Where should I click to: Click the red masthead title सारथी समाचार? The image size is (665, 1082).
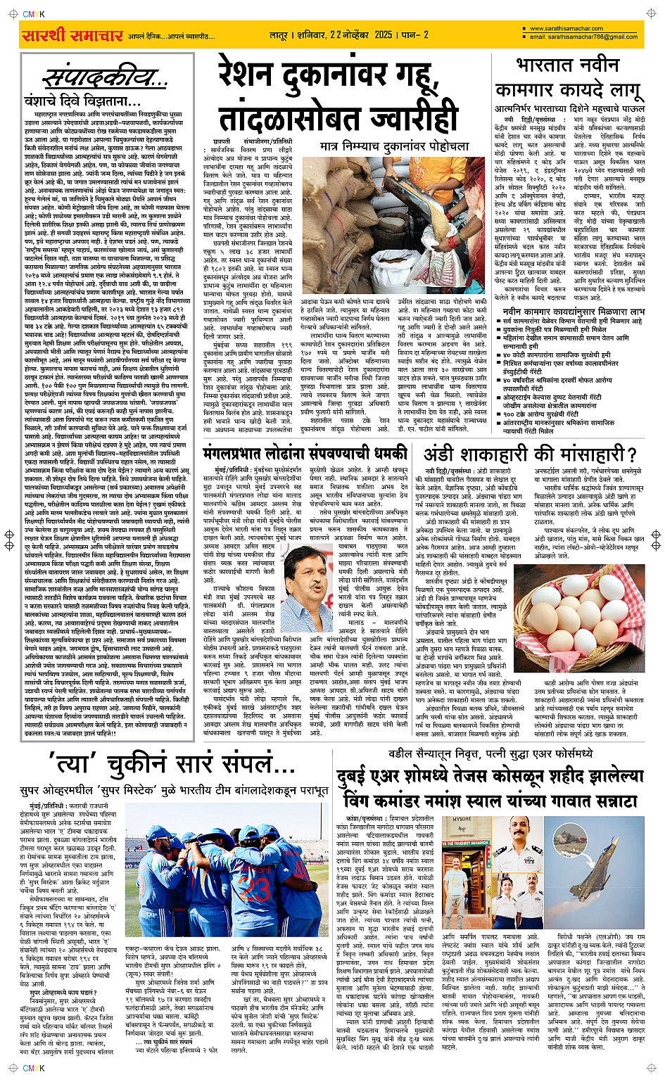(73, 36)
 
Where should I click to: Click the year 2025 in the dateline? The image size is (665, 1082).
(384, 34)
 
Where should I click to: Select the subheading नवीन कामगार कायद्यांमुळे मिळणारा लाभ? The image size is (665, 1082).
(574, 311)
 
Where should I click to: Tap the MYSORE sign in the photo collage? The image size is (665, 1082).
(462, 819)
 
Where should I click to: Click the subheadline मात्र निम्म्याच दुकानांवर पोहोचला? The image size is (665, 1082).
(394, 146)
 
